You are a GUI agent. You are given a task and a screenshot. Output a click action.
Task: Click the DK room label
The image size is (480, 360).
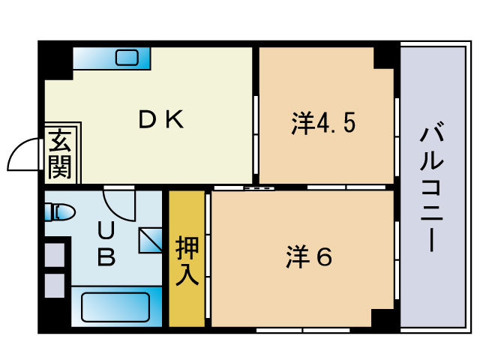pyautogui.click(x=161, y=119)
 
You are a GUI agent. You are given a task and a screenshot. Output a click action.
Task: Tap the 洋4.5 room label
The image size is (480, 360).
pyautogui.click(x=323, y=123)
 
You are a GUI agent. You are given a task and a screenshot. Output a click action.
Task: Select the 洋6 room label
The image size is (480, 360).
pyautogui.click(x=309, y=257)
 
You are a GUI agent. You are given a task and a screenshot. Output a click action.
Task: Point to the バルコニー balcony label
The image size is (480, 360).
pyautogui.click(x=432, y=187)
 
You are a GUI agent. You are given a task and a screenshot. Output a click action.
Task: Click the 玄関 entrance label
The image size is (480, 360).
pyautogui.click(x=60, y=154)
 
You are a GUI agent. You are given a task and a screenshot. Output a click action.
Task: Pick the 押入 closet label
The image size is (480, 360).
pyautogui.click(x=187, y=261)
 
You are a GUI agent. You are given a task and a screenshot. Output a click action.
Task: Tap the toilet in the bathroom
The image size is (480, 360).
pyautogui.click(x=60, y=211)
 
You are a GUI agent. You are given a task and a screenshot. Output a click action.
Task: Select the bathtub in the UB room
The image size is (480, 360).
pyautogui.click(x=115, y=307)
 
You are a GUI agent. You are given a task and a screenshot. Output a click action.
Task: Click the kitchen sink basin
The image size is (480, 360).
pyautogui.click(x=127, y=58)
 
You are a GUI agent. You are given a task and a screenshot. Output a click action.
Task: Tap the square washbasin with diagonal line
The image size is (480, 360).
pyautogui.click(x=150, y=240)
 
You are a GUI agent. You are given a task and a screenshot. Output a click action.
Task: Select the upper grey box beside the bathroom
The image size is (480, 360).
pyautogui.click(x=55, y=255)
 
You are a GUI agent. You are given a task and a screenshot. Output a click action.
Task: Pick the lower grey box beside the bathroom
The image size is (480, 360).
pyautogui.click(x=55, y=286)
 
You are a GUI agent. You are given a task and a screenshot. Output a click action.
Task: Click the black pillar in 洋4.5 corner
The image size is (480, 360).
pyautogui.click(x=383, y=58)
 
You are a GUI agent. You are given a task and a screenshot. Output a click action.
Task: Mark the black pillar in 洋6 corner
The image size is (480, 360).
pyautogui.click(x=382, y=318)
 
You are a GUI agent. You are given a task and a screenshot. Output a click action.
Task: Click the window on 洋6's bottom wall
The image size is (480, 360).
pyautogui.click(x=303, y=330)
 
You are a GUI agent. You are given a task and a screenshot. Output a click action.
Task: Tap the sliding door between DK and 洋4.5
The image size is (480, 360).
pyautogui.click(x=256, y=135)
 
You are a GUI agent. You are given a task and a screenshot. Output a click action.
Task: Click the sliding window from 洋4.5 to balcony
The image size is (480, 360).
pyautogui.click(x=397, y=136)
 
